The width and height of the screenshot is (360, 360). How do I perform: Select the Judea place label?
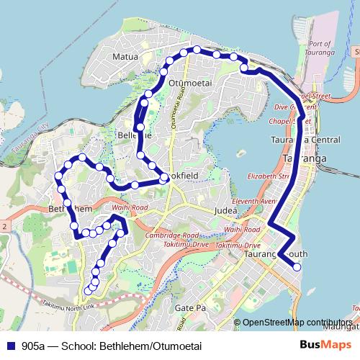(x=226, y=211)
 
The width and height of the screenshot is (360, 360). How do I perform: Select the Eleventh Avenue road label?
(x=253, y=201)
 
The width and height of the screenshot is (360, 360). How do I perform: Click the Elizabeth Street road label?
(x=271, y=175)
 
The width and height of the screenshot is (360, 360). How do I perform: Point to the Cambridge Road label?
(x=171, y=235)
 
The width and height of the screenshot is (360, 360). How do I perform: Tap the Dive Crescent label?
(x=290, y=107)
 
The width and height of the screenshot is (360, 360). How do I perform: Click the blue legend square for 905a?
(x=10, y=346)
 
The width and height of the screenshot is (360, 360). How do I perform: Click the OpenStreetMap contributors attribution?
(x=296, y=323)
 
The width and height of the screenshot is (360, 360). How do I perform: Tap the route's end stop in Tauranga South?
(x=297, y=268)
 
